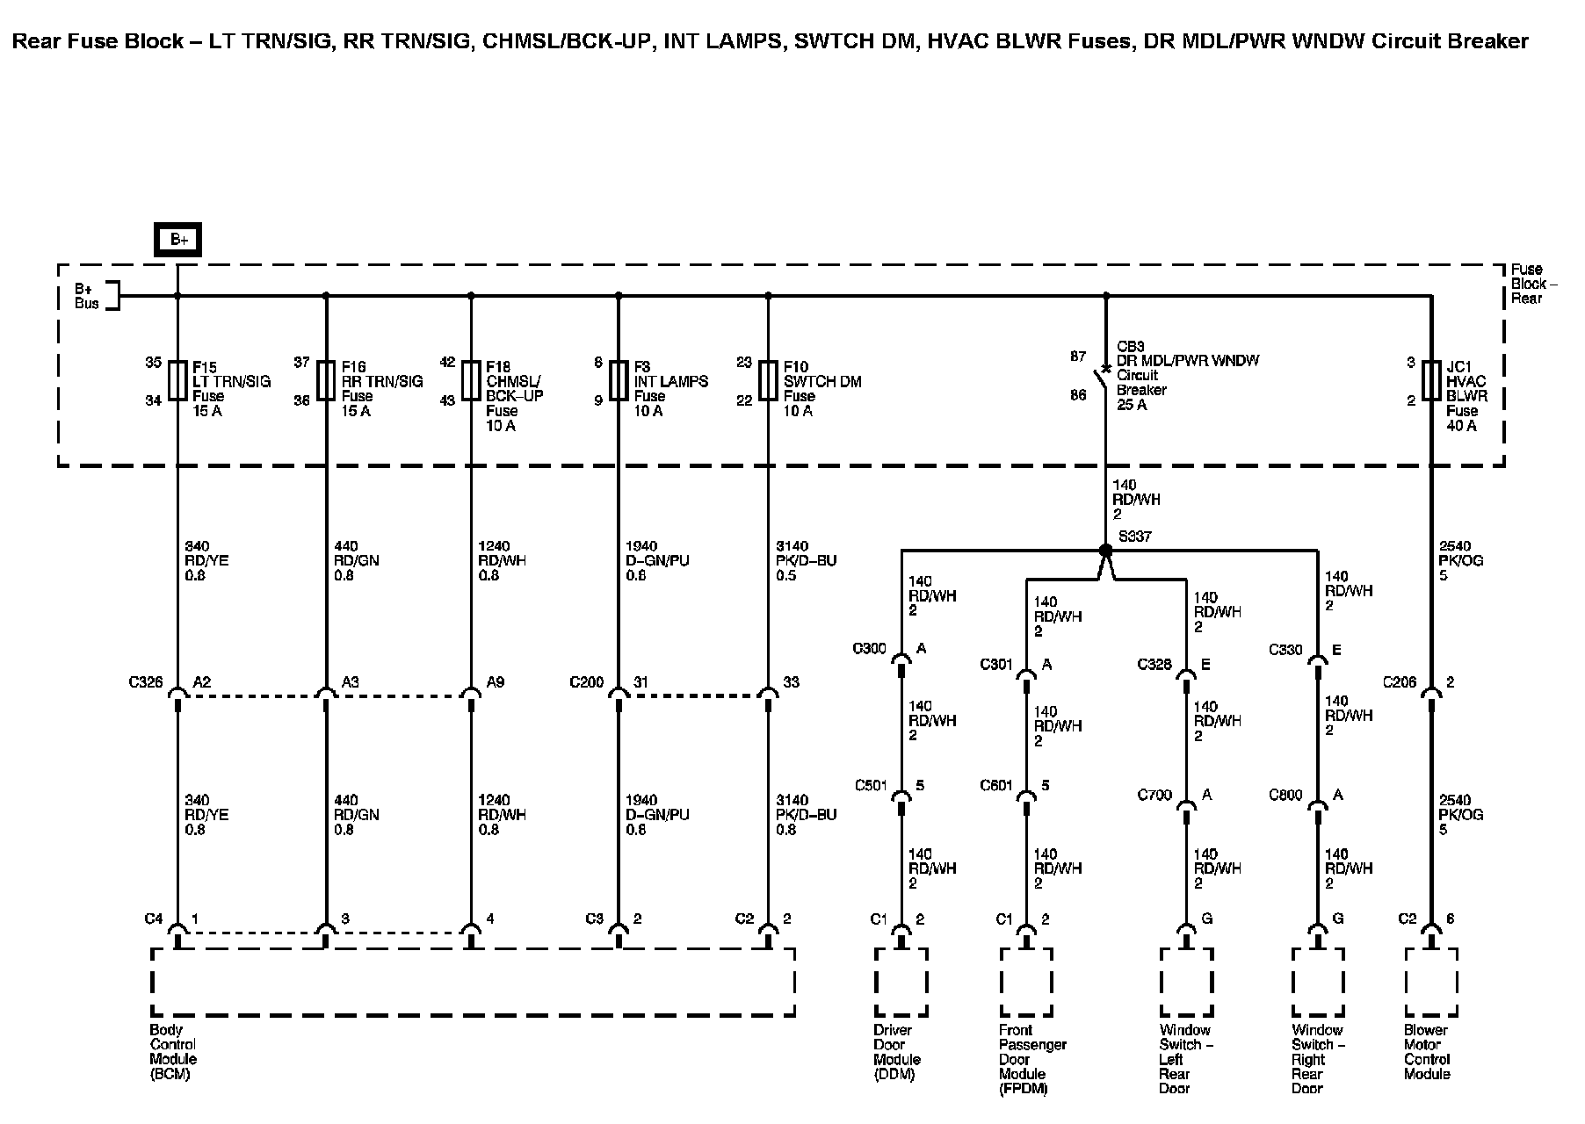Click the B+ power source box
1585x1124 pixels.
178,239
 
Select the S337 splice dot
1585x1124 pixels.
1106,551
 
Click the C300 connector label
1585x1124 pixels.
869,649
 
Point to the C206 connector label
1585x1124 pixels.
1400,681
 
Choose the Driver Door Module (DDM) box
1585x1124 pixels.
901,982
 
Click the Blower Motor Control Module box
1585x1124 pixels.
1431,982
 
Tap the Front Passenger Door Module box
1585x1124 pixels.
1026,982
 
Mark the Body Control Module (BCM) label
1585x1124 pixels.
172,1052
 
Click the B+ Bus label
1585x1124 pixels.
86,296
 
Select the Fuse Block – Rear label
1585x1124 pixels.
1533,284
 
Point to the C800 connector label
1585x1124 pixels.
1285,796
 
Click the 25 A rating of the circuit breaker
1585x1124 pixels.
1132,405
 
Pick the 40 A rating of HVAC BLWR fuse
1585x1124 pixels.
1461,426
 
